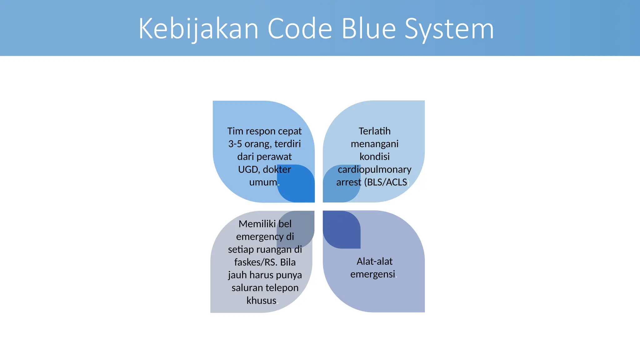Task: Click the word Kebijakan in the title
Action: click(x=199, y=29)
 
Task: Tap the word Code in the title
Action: click(x=300, y=29)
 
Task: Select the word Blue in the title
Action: click(x=369, y=29)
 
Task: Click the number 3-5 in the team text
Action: click(x=235, y=144)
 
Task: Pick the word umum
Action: click(x=263, y=182)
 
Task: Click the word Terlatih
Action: click(x=374, y=131)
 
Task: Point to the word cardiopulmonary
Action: click(x=374, y=169)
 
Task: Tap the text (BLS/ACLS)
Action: click(x=386, y=182)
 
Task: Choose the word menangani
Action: click(x=374, y=144)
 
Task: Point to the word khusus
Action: click(x=261, y=301)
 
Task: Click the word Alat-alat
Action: click(x=374, y=261)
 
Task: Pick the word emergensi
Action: click(x=372, y=274)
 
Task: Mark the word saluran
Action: click(x=246, y=288)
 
